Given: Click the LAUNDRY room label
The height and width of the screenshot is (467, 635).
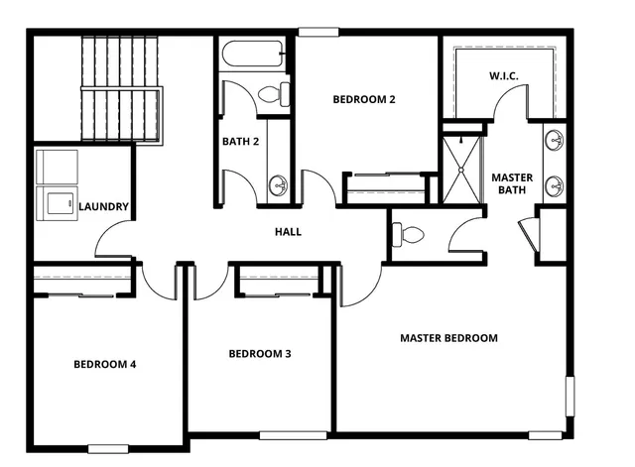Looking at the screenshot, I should coord(103,206).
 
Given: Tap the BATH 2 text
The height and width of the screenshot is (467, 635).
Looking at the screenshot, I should coord(240,142).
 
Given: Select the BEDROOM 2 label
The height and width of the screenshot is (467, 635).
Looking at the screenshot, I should coord(364,99).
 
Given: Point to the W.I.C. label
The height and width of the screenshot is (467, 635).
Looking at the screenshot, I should coord(504,76).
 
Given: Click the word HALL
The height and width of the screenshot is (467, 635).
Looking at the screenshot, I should coord(288,232).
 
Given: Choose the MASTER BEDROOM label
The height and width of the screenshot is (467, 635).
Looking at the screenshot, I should coord(448,338).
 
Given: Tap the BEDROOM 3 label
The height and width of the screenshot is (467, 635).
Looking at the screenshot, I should coord(259,354).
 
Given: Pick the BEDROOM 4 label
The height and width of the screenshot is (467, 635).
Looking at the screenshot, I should coord(104,364).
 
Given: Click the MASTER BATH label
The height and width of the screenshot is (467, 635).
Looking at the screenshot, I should coord(512,183).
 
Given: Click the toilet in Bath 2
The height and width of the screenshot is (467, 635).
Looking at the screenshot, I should coord(273,95).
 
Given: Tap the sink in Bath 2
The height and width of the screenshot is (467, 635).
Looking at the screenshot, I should coord(278,184).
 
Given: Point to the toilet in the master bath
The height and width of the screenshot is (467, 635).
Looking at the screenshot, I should coord(408,235).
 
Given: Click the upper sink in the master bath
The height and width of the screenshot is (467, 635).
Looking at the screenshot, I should coord(555,140).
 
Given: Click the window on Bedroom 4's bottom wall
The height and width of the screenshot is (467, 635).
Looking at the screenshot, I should coord(108,448).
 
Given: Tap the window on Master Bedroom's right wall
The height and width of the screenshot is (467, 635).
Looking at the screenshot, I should coord(570,395).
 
